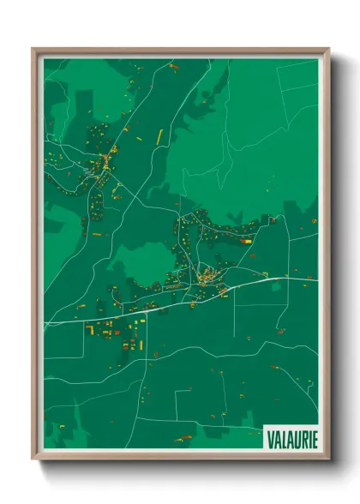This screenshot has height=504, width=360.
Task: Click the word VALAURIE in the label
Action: [x=291, y=439]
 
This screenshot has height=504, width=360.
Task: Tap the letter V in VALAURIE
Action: [x=269, y=439]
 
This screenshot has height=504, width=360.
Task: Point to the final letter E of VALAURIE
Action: [x=313, y=439]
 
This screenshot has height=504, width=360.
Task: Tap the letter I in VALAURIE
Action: [x=307, y=439]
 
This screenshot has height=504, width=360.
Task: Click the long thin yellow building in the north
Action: [x=159, y=134]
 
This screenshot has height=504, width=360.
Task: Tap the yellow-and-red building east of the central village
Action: [x=247, y=242]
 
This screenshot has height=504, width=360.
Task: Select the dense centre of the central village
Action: [x=206, y=276]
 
